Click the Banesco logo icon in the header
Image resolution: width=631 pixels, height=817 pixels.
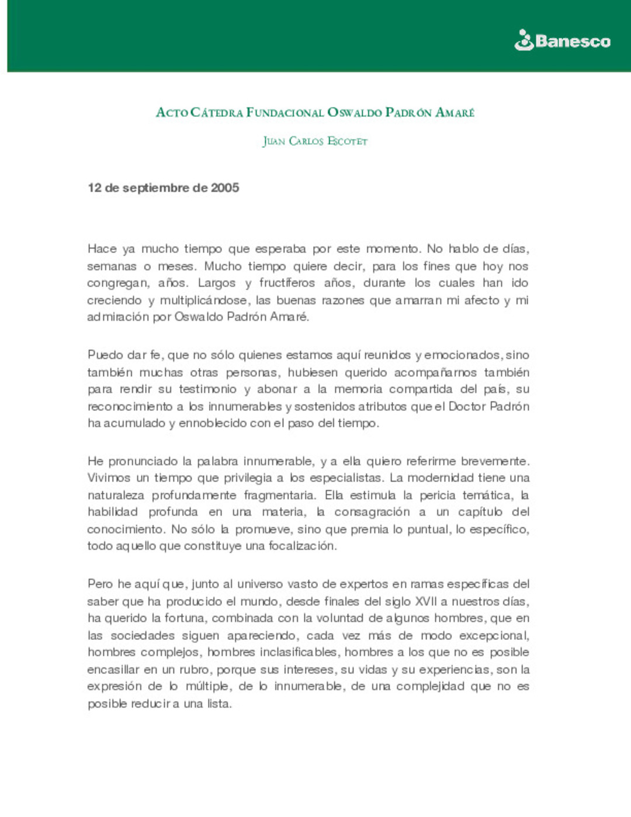[524, 40]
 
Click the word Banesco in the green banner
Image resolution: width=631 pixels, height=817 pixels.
[573, 41]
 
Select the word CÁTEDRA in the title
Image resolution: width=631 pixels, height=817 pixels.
[216, 112]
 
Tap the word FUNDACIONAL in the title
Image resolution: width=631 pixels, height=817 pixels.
[285, 112]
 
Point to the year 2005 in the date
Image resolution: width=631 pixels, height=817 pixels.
[225, 188]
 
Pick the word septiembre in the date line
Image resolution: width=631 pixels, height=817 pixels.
[156, 188]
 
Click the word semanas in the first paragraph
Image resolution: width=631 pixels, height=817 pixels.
[111, 266]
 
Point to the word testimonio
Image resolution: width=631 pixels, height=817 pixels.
[207, 389]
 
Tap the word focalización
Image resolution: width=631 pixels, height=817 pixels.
[302, 546]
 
